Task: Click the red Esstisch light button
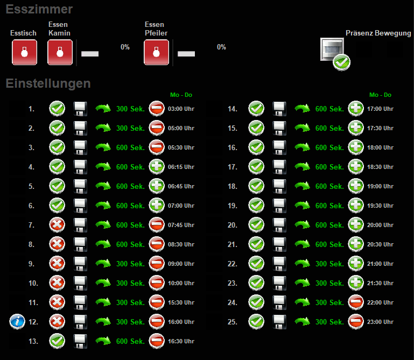(24, 52)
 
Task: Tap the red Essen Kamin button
(60, 52)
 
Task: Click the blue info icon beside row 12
(18, 322)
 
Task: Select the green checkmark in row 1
(57, 109)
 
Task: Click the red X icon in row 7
(57, 225)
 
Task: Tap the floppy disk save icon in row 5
(80, 186)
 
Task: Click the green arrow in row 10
(103, 283)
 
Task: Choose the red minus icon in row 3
(157, 147)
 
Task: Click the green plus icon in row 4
(157, 167)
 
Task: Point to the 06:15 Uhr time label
(181, 167)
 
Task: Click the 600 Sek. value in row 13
(130, 341)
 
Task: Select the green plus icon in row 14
(356, 109)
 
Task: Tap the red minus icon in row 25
(356, 322)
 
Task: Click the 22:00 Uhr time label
(380, 302)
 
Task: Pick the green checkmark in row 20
(256, 225)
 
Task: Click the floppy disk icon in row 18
(279, 186)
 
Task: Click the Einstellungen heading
(48, 83)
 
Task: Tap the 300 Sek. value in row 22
(329, 264)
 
